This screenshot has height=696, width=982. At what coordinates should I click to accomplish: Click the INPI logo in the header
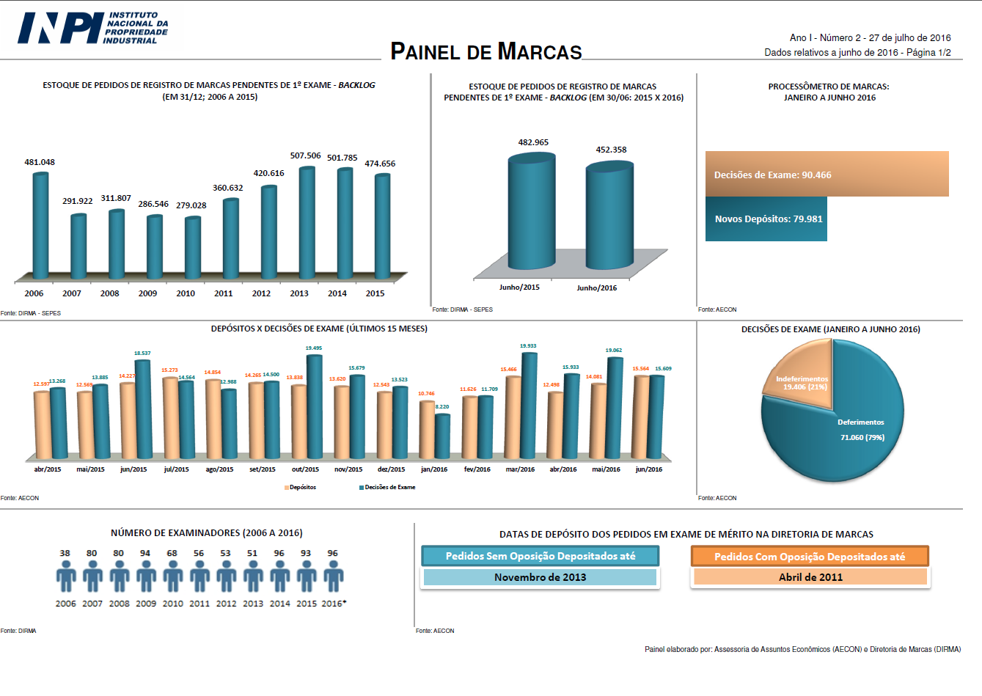[92, 29]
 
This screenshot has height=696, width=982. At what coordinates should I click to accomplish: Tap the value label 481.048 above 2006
[40, 162]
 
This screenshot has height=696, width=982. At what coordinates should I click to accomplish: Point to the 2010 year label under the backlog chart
[186, 293]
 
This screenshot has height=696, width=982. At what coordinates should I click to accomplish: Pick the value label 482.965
[533, 142]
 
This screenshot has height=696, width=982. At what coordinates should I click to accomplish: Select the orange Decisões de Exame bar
[827, 175]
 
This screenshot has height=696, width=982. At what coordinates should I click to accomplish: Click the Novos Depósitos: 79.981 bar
[766, 219]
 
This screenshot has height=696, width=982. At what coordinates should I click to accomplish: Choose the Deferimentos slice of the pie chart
[858, 433]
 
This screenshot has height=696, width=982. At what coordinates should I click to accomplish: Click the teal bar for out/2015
[314, 407]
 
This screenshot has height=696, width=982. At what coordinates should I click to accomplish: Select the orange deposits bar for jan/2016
[427, 429]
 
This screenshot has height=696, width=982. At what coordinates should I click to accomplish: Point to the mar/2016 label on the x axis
[520, 469]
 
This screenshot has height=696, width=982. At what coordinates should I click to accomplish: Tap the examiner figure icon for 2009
[146, 576]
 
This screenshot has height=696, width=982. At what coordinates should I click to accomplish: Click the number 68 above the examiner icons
[172, 554]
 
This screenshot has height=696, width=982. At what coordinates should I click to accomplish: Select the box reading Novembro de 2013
[540, 577]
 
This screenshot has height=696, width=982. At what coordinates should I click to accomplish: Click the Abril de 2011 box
[810, 577]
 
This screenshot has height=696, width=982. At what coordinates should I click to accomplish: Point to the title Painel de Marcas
[485, 51]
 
